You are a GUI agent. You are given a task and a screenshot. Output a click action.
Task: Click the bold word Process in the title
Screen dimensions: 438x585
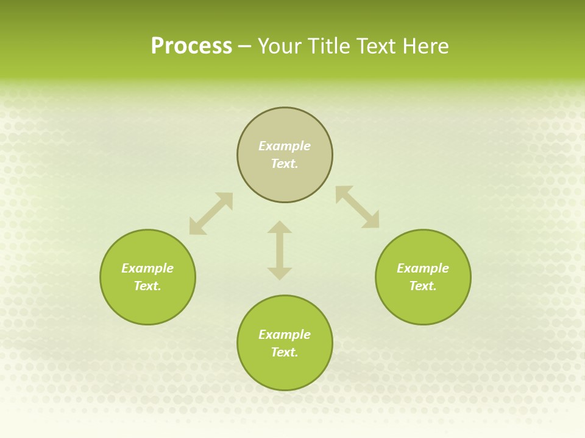point(191,46)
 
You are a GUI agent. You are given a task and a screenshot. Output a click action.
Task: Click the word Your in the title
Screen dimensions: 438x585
point(280,46)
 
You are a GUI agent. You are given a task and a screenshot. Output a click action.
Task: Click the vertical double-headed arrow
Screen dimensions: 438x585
point(280,250)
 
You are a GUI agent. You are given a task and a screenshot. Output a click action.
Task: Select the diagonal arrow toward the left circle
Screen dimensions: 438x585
point(211,214)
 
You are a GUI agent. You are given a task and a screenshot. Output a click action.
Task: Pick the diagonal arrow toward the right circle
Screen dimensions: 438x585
point(358,207)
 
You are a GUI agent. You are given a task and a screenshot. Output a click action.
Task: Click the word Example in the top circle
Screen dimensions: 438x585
point(285,146)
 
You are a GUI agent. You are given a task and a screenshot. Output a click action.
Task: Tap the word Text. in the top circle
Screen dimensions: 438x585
point(285,164)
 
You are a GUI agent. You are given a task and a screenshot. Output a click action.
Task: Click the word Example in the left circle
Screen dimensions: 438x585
point(147,268)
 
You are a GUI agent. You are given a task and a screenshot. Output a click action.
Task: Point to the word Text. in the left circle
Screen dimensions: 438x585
point(147,286)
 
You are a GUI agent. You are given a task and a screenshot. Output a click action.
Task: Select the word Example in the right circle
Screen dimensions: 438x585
point(423,268)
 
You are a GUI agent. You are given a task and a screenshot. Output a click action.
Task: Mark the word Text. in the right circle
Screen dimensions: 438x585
point(423,286)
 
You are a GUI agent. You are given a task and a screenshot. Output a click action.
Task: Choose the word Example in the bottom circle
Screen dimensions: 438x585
point(285,335)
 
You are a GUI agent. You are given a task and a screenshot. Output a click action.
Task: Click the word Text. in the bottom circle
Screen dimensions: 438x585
point(285,352)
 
